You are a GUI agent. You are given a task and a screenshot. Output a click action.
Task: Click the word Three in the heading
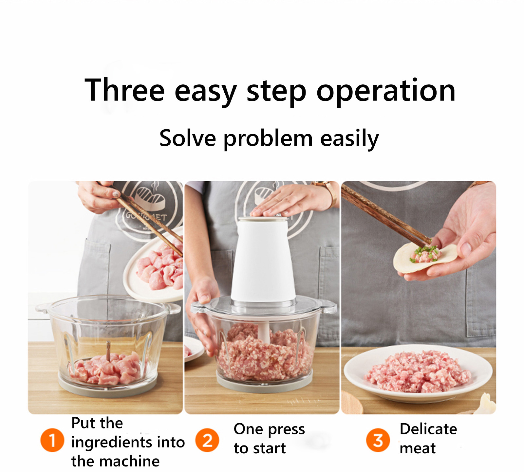124,90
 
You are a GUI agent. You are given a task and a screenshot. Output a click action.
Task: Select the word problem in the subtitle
268,139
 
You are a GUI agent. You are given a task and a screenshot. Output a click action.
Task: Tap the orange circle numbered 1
52,440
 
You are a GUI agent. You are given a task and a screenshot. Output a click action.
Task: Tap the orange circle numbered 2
207,440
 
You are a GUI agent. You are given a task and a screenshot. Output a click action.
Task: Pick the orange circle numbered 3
378,440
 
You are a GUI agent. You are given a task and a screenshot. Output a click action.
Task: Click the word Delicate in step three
428,429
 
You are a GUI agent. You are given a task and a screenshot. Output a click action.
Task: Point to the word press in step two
287,430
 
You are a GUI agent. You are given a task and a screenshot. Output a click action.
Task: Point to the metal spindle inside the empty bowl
108,352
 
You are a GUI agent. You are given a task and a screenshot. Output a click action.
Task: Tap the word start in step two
270,448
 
